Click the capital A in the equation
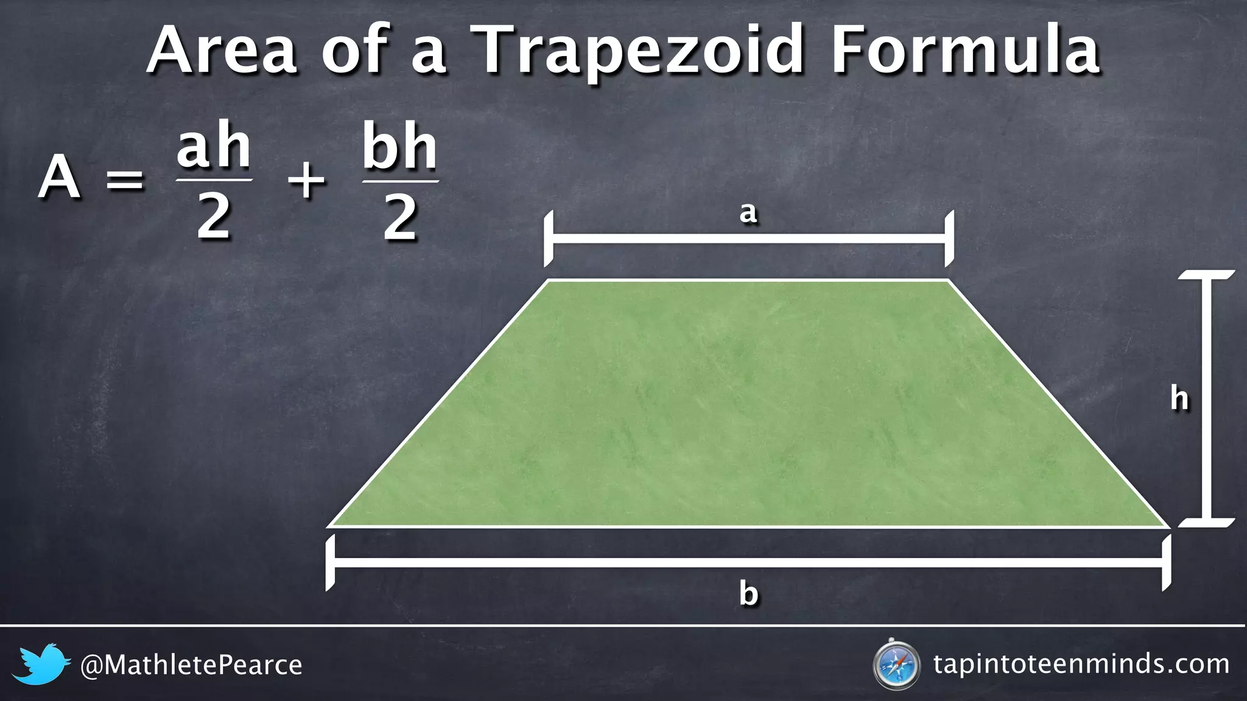point(59,178)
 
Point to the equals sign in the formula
point(125,180)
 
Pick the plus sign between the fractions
point(306,180)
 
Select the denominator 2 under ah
point(214,218)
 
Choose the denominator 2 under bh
point(400,218)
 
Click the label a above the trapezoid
point(748,213)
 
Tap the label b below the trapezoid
point(748,593)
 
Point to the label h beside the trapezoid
point(1179,399)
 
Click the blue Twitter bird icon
point(41,664)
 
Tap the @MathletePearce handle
point(191,665)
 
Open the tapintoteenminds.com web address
point(1081,664)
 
